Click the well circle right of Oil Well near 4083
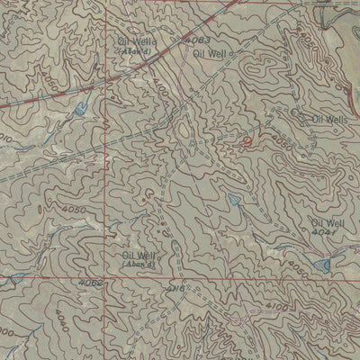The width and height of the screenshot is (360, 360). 237,54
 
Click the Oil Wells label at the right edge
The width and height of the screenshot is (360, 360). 329,119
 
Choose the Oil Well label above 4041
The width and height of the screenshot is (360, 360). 328,221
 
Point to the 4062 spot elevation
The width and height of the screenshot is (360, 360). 92,283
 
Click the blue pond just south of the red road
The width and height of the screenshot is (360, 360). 78,110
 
